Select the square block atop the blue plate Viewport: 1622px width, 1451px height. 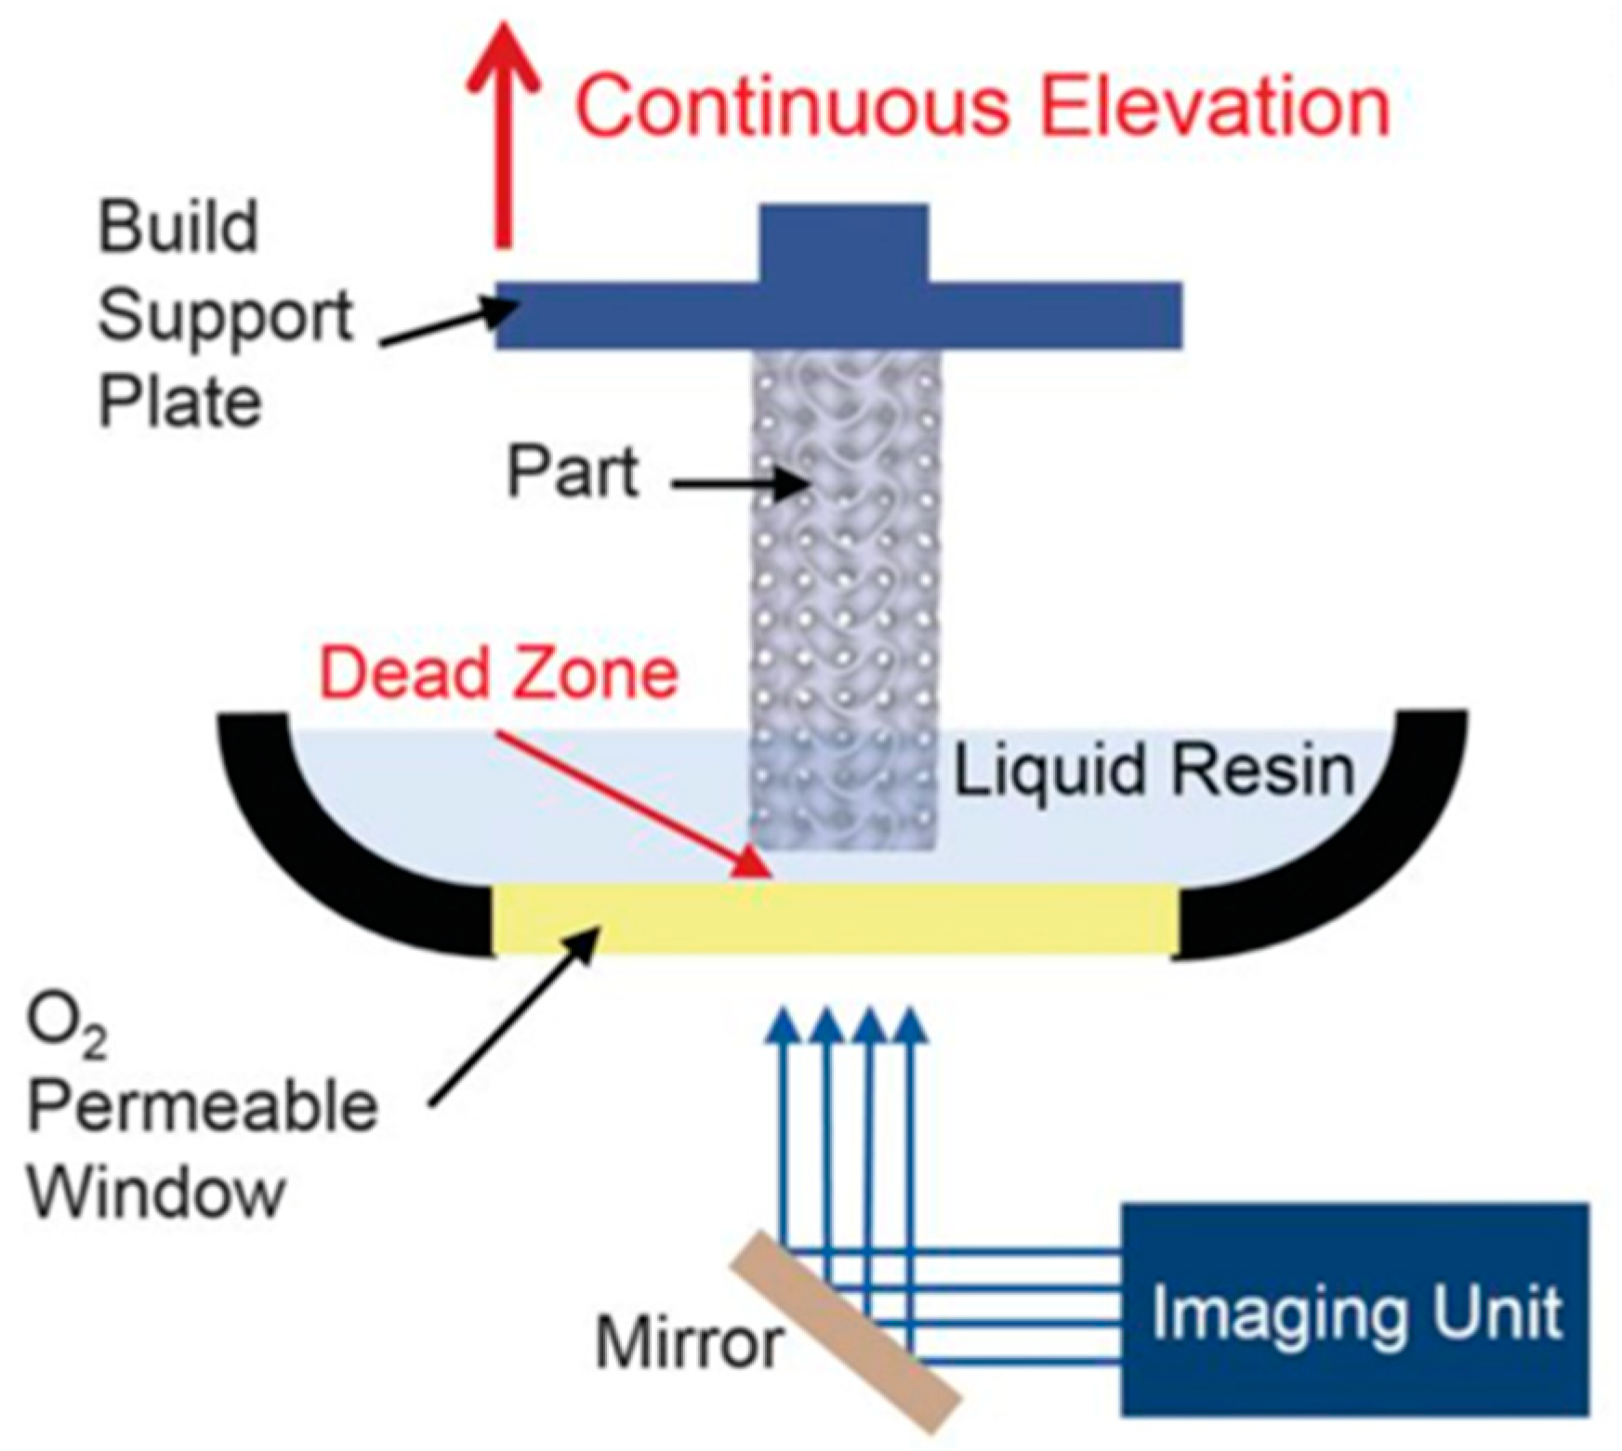(844, 244)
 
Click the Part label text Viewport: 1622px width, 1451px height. (572, 473)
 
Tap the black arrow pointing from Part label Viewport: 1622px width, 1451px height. (739, 483)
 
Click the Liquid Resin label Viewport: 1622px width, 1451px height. (1153, 771)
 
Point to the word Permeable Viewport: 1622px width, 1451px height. (203, 1107)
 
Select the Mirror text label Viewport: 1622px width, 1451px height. (689, 1342)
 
